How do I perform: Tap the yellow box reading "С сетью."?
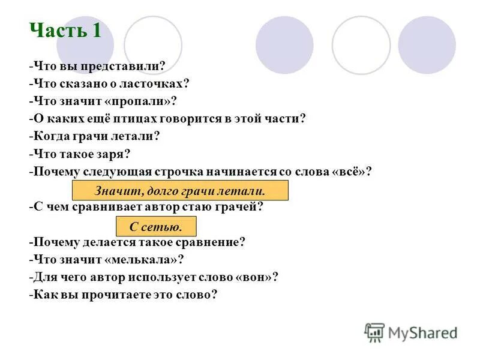[156, 226]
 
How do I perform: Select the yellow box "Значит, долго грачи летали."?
[180, 191]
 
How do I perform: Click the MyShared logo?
[412, 332]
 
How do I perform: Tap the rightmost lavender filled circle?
[427, 45]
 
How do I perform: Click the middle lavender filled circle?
[284, 45]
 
